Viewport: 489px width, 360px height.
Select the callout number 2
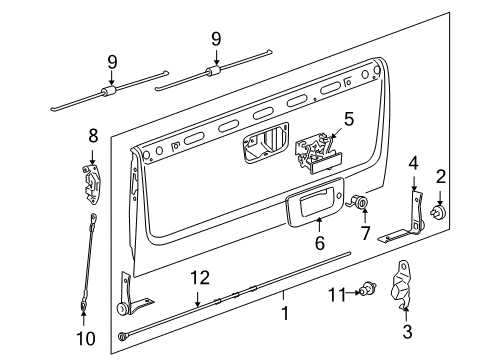441,176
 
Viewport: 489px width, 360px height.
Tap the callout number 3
406,331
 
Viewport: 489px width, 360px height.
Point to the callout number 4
413,162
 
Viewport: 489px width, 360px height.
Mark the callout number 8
92,133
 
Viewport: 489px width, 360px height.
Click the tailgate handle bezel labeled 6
314,205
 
